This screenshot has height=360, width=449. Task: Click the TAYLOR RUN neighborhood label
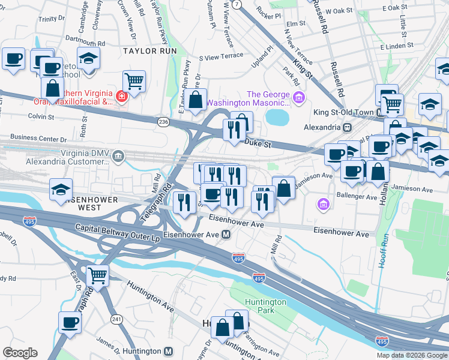(x=149, y=51)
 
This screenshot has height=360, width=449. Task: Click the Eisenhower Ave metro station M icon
(x=227, y=234)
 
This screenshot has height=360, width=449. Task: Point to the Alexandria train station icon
(x=346, y=127)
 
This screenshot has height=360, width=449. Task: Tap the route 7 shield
(x=238, y=4)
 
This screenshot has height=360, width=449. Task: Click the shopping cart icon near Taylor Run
(x=134, y=80)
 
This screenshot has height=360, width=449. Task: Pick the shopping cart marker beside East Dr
(x=97, y=275)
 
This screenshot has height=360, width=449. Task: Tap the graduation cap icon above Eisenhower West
(x=61, y=189)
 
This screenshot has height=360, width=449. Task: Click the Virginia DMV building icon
(x=119, y=157)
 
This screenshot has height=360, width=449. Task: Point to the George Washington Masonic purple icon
(x=298, y=97)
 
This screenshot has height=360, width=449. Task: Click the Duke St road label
(x=259, y=144)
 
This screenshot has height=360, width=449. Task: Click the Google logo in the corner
(x=19, y=353)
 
